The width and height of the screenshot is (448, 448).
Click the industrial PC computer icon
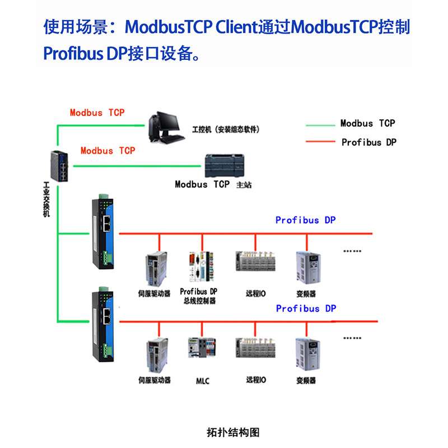[x=166, y=128]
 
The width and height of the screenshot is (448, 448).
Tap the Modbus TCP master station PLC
[x=225, y=166]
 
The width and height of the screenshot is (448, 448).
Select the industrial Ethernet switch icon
[x=59, y=166]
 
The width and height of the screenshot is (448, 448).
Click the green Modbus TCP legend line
[x=320, y=125]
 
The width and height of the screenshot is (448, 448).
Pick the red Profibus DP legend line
[x=320, y=142]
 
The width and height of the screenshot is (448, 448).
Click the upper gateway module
[x=103, y=231]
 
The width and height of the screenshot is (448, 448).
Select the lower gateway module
[x=103, y=324]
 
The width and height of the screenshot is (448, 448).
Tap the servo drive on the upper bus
[x=156, y=269]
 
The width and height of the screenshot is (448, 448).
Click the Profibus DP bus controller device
[x=202, y=267]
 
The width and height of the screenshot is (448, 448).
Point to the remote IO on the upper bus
[x=255, y=261]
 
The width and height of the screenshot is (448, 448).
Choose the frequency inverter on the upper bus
[x=309, y=268]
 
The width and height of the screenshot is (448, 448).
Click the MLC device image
[x=202, y=347]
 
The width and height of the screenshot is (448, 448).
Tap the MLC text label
[x=203, y=381]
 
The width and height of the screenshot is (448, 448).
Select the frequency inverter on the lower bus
[x=307, y=354]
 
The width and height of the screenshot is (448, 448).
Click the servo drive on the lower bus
[x=157, y=355]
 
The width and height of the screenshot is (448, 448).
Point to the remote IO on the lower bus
[x=255, y=348]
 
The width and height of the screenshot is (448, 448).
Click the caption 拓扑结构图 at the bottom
[x=233, y=432]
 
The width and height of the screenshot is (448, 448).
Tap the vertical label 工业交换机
[x=46, y=199]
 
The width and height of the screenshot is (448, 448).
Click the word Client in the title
[x=236, y=27]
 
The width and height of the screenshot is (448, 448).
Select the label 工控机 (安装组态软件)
[x=226, y=129]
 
